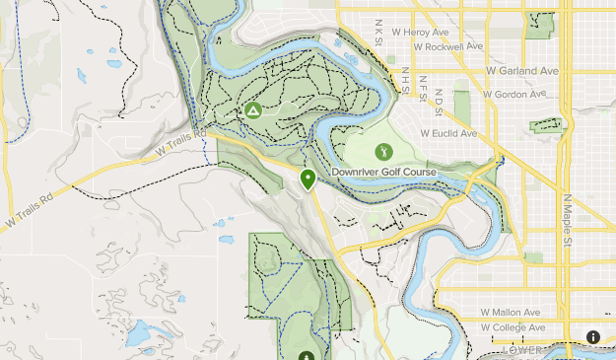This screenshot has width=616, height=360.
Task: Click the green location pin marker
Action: point(308,180)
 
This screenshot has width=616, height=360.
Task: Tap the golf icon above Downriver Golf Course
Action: point(383,152)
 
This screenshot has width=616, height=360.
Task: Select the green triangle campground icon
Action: point(252,111)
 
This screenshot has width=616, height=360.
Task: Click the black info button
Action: point(593,336)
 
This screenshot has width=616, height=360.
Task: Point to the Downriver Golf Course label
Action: point(383,172)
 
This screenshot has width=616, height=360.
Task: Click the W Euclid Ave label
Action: point(447,133)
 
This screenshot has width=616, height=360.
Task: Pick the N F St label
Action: point(422,90)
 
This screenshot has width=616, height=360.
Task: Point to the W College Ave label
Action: point(513,327)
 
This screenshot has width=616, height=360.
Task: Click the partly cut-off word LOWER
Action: point(522,350)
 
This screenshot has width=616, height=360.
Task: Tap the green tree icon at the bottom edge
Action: point(307,355)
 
